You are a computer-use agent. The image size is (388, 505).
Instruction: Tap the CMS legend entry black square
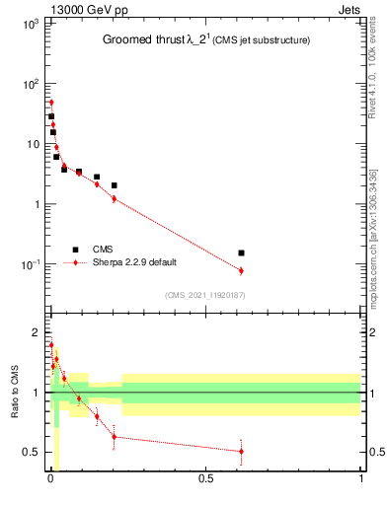click(75, 250)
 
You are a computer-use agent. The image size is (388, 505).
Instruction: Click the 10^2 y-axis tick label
click(30, 83)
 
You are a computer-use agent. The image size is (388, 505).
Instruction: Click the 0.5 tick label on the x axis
click(205, 479)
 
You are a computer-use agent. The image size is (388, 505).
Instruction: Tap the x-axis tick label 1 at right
click(360, 479)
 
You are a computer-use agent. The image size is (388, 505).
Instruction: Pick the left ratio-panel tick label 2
click(35, 331)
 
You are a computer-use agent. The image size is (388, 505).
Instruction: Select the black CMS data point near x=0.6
click(241, 252)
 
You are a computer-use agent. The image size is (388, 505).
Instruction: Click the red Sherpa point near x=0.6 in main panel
click(241, 270)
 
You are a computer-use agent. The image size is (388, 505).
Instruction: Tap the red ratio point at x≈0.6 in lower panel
click(241, 451)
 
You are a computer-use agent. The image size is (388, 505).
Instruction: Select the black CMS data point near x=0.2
click(115, 185)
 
